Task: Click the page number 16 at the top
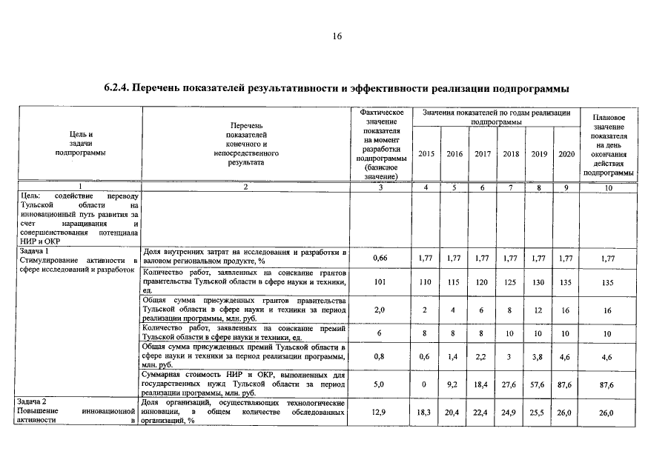coord(335,36)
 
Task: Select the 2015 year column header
coord(426,154)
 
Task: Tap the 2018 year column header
coord(510,154)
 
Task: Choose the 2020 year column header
coord(566,154)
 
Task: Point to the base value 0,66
coord(381,258)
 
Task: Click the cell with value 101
coord(381,282)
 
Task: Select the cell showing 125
coord(510,282)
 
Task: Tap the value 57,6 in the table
coord(539,384)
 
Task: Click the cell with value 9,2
coord(454,384)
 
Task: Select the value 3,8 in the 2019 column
coord(539,357)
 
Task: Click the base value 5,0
coord(381,384)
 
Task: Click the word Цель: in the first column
coord(32,196)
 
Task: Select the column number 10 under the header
coord(608,188)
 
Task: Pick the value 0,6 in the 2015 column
coord(426,357)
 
